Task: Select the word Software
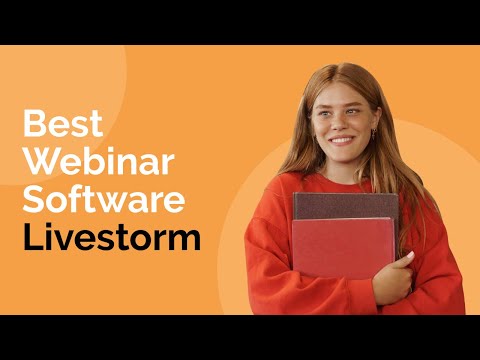click(x=104, y=200)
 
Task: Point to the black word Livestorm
click(x=111, y=238)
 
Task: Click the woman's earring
click(x=374, y=134)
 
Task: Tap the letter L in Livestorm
click(x=30, y=238)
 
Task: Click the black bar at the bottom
click(x=240, y=337)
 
